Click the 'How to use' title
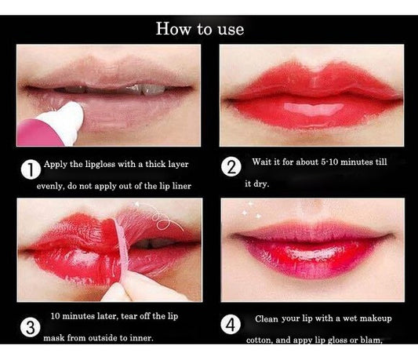click(200, 29)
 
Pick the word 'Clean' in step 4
click(271, 320)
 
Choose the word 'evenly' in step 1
click(51, 187)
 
